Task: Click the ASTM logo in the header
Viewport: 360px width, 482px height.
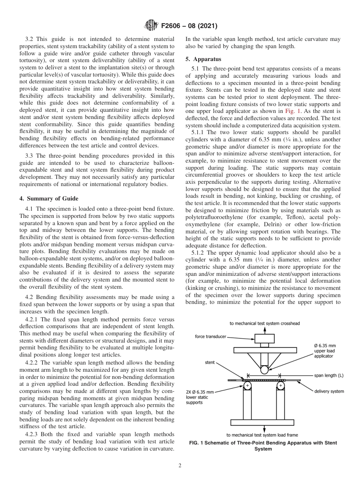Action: (x=152, y=26)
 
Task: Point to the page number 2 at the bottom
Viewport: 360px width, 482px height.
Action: (x=180, y=466)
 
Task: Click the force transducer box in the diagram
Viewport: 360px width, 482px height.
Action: (x=264, y=338)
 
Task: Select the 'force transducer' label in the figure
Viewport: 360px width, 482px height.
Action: (x=211, y=336)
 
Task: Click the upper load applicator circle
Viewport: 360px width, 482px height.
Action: (x=264, y=369)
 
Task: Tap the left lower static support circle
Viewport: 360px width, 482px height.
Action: (x=247, y=385)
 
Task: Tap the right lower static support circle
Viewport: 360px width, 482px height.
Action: (x=280, y=385)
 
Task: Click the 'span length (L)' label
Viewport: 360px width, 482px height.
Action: (x=329, y=376)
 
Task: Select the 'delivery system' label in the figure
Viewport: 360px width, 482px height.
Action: (x=329, y=391)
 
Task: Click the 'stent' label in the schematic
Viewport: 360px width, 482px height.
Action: (x=210, y=362)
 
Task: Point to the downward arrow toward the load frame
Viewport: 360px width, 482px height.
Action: (x=264, y=429)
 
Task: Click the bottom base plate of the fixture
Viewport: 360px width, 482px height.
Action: (x=264, y=422)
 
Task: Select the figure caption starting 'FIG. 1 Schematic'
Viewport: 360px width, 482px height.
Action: (x=263, y=446)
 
